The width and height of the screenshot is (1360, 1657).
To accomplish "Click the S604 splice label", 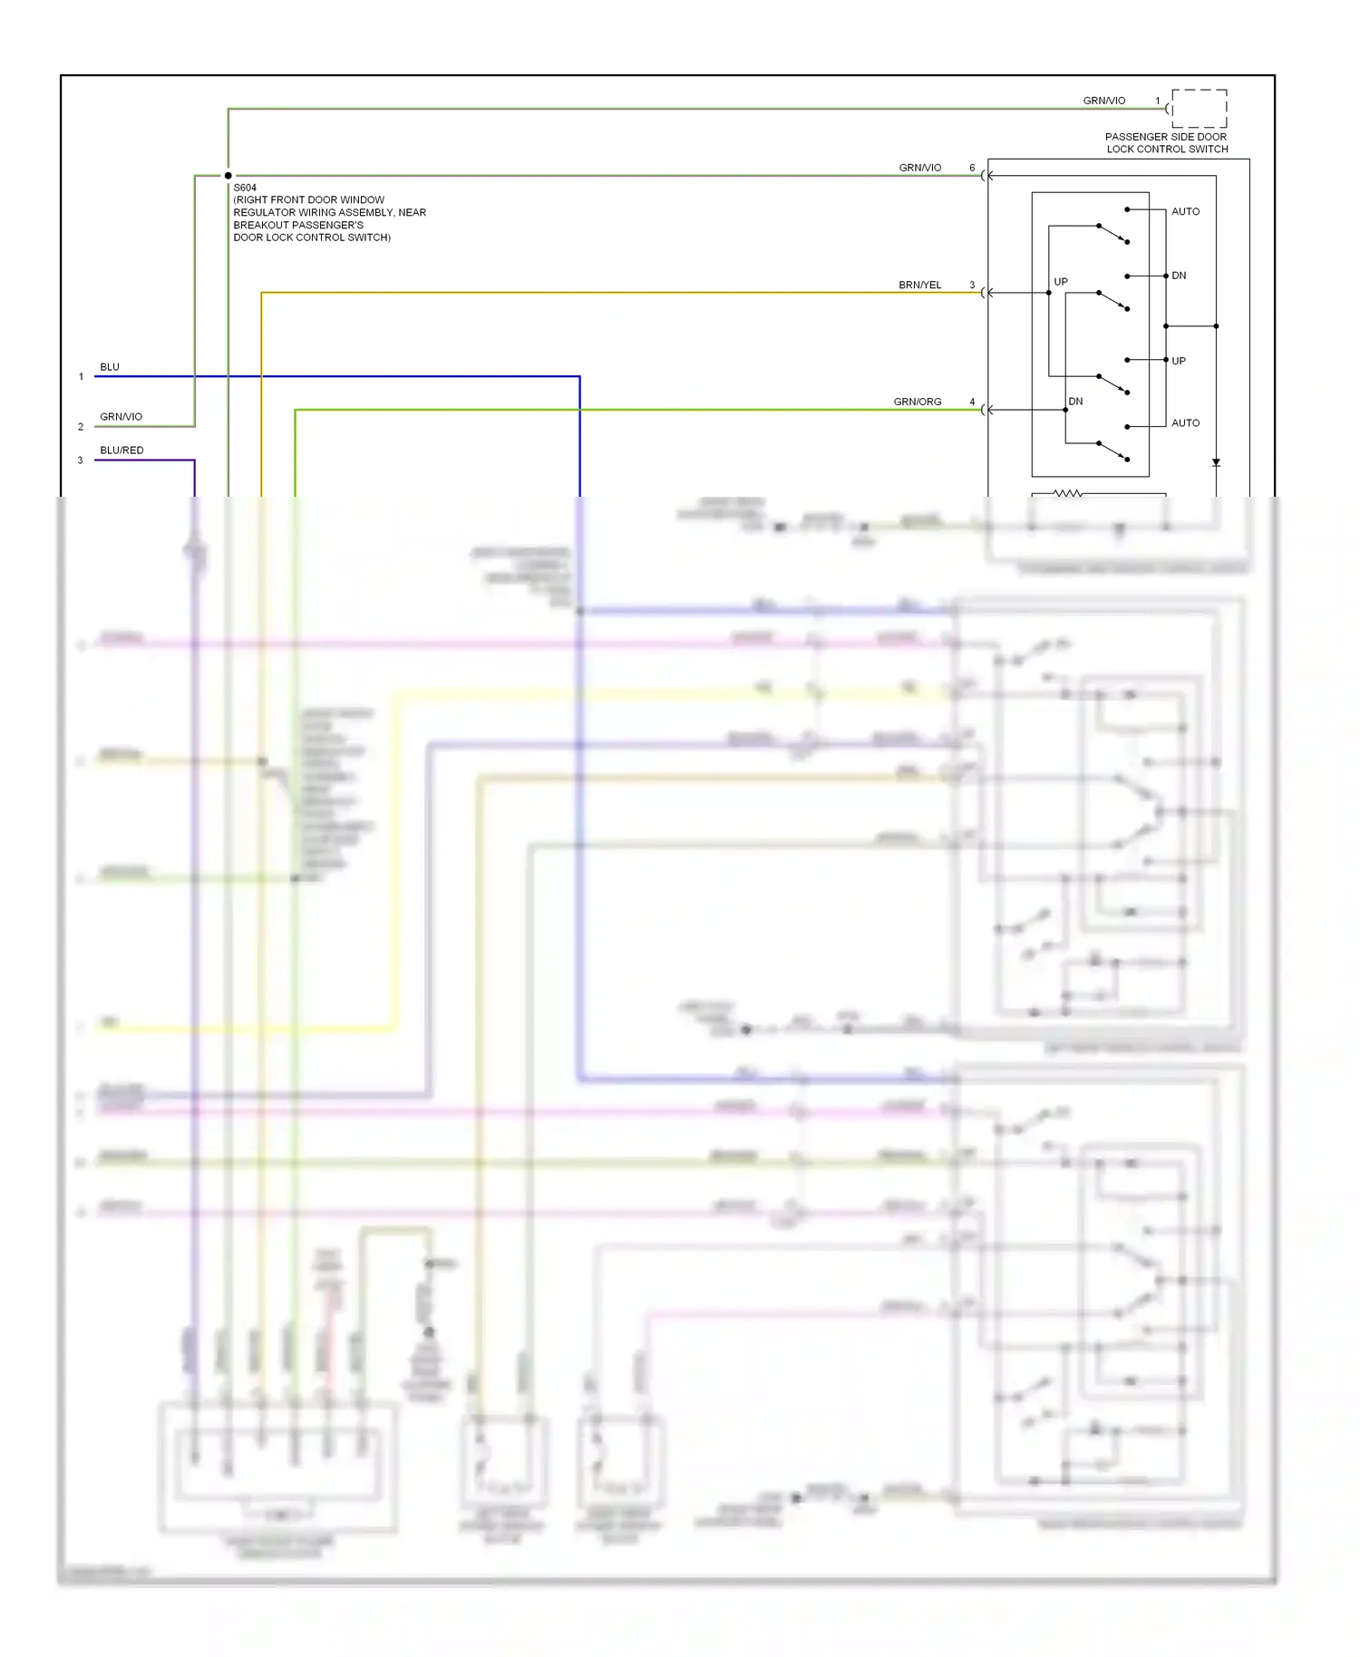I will (x=245, y=188).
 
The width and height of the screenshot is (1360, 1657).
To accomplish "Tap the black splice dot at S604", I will (x=228, y=176).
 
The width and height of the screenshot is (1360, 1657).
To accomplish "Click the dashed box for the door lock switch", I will (x=1199, y=109).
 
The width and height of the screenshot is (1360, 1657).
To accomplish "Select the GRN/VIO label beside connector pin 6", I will (x=919, y=168).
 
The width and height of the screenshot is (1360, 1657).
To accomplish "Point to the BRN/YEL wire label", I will (x=919, y=285).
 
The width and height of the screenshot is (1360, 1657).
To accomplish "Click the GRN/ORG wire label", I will (x=917, y=402).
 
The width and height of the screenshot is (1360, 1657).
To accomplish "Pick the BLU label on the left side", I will (x=110, y=367).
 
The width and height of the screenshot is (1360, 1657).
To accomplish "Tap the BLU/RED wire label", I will (x=121, y=450).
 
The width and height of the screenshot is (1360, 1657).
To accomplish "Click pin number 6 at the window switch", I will (x=972, y=168).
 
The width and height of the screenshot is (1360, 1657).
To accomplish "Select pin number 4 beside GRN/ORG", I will (x=972, y=402).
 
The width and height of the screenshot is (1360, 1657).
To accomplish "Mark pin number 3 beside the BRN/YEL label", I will (x=972, y=285).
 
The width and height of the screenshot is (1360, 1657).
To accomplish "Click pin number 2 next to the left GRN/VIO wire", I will (x=81, y=426).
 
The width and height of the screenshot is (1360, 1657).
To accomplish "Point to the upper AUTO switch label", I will (x=1185, y=211).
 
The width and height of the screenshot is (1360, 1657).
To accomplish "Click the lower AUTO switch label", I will (x=1185, y=422).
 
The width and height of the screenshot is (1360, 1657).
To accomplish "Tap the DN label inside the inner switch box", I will (x=1075, y=401).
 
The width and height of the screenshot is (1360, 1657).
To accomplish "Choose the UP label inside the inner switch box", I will (x=1061, y=282).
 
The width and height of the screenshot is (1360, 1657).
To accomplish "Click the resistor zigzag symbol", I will (x=1067, y=493).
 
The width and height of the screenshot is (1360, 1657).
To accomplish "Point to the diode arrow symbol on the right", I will (x=1216, y=462).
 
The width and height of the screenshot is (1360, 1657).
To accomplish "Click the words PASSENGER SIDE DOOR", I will (x=1165, y=137).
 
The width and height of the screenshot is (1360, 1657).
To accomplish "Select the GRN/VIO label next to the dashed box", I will (x=1103, y=101).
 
